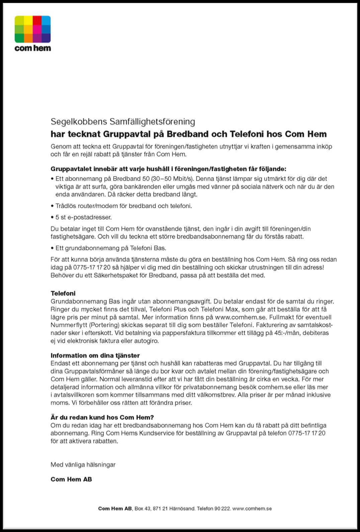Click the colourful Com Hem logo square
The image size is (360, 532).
point(32,29)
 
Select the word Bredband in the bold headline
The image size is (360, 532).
point(187,134)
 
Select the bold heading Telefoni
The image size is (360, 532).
point(63,293)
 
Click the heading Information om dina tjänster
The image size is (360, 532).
point(95,355)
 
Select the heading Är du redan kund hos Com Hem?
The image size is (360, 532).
point(102,417)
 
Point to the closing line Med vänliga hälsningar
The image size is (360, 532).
point(83,464)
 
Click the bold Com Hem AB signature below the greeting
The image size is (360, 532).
point(71,479)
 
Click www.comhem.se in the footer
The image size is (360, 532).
point(252,509)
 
